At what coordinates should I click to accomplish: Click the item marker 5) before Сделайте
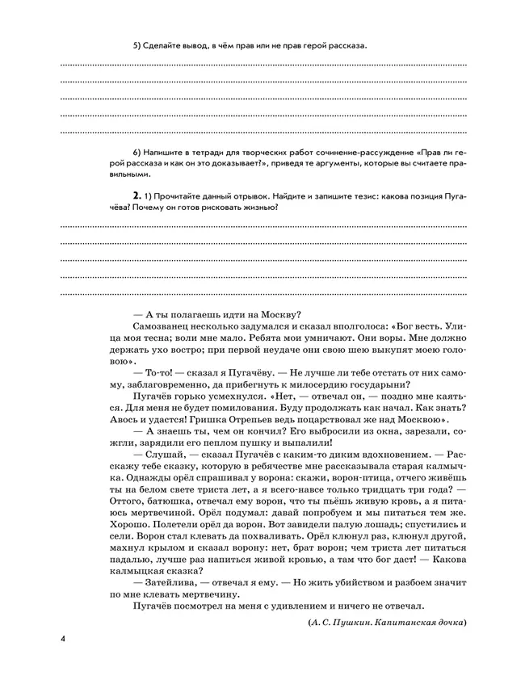(x=136, y=45)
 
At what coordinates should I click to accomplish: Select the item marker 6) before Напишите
(x=136, y=151)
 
